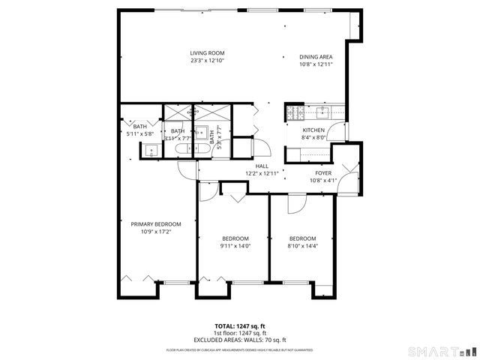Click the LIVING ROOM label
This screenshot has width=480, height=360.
click(206, 53)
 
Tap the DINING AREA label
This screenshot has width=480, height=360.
click(316, 57)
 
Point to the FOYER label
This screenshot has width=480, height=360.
click(323, 172)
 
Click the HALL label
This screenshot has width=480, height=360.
click(262, 166)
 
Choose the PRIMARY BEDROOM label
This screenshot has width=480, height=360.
click(156, 223)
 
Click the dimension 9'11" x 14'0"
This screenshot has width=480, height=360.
click(235, 246)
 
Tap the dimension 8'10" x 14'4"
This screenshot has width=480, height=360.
click(303, 246)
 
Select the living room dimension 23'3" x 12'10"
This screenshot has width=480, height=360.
click(206, 61)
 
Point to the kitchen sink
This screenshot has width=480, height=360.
click(324, 113)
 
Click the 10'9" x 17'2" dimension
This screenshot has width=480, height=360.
click(156, 232)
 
